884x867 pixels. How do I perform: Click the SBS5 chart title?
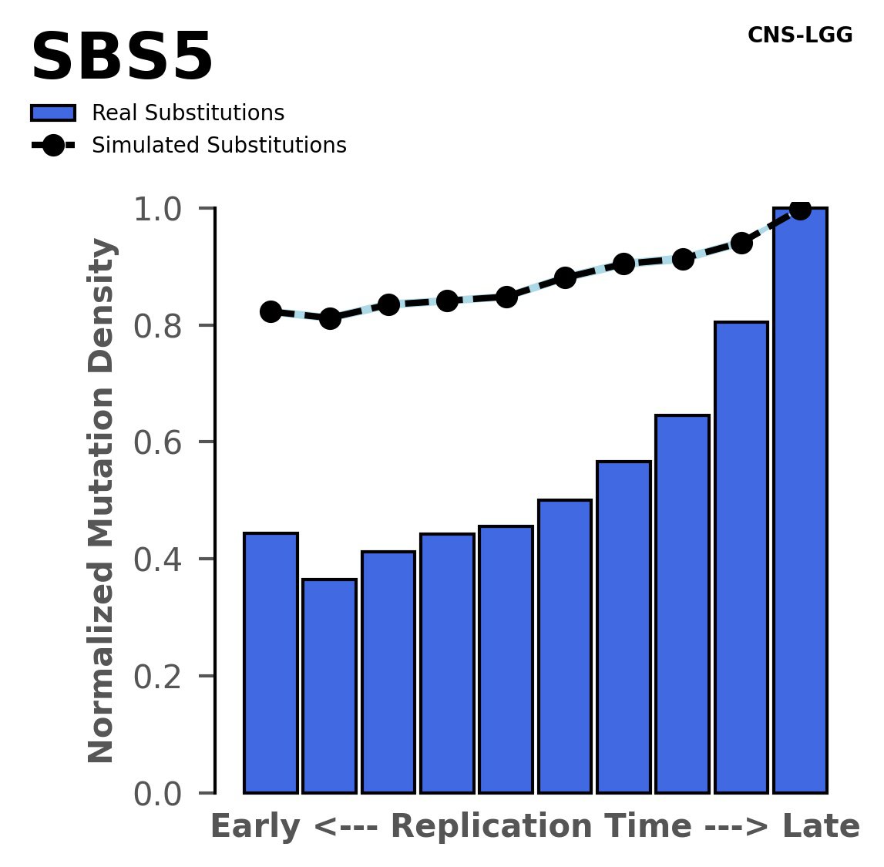click(122, 59)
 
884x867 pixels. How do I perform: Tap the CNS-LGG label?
click(800, 35)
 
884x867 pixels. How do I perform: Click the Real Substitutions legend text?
click(188, 113)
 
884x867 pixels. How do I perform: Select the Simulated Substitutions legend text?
click(219, 146)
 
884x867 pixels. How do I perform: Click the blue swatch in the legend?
click(53, 113)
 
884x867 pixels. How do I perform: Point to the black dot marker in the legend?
click(53, 146)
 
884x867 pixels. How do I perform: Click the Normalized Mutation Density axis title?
click(102, 501)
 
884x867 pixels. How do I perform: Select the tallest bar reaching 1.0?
click(800, 501)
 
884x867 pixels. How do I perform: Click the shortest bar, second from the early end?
click(330, 686)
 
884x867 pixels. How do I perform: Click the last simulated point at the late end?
click(800, 209)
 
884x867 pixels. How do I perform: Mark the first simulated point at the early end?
click(271, 311)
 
